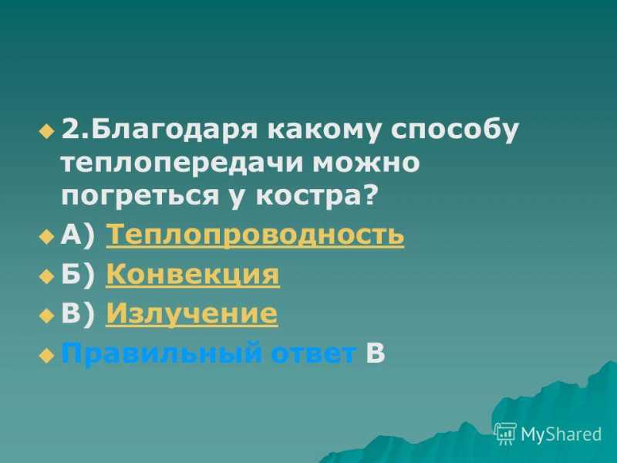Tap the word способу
pos(454,130)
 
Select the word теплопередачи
pos(183,163)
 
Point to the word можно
pos(366,162)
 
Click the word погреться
pos(140,196)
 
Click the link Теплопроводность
pos(255,235)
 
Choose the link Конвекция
pos(193,275)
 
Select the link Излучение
pos(192,314)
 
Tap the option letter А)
pos(78,235)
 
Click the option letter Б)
pos(78,275)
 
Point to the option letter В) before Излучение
pos(78,314)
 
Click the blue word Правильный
pos(161,353)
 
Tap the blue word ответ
pos(314,353)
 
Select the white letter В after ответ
pos(376,352)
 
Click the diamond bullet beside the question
pos(46,131)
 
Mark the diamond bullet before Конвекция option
pos(46,275)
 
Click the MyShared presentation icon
pos(505,433)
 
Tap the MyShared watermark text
pos(561,434)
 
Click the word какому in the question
pos(323,130)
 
